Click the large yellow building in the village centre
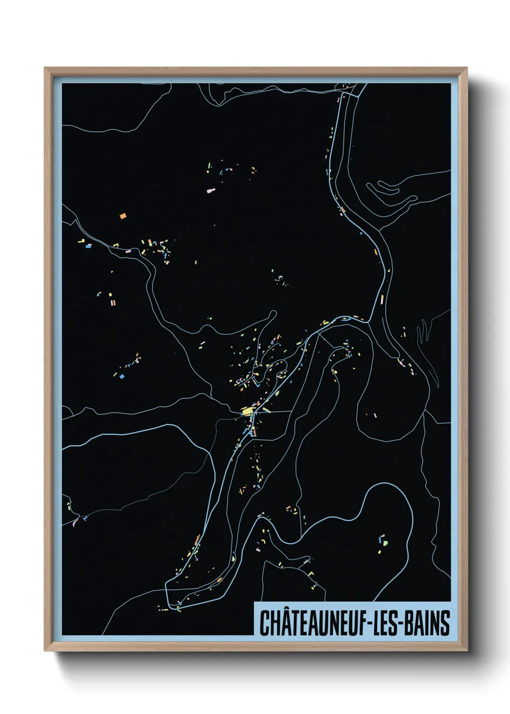coord(248,411)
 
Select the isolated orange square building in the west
coord(123,216)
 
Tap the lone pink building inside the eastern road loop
coord(375,415)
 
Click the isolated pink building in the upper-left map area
coord(210,191)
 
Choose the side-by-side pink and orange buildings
coord(113,303)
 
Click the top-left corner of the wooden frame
coord(45,69)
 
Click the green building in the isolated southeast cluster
coord(385,543)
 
